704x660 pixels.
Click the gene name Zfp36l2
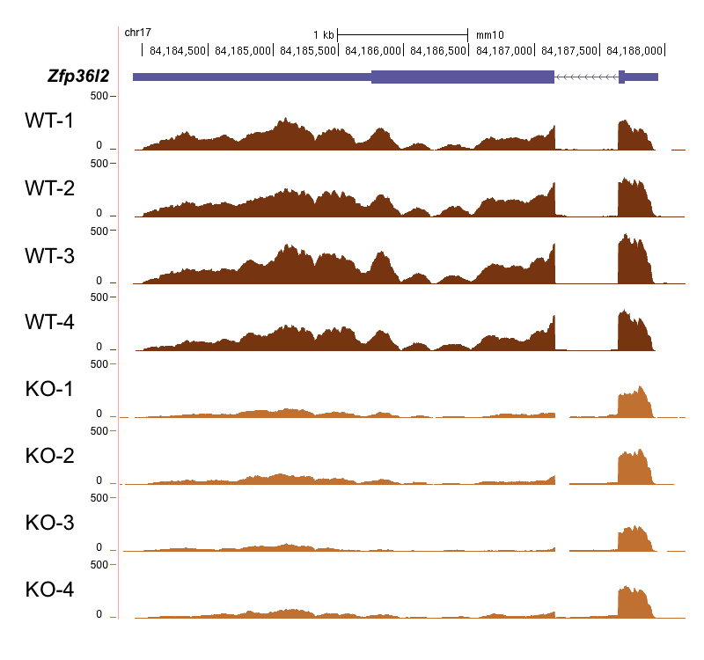pos(78,77)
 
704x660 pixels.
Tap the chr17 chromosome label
pos(138,33)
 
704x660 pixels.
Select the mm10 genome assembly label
pos(490,35)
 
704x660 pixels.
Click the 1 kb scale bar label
pos(324,35)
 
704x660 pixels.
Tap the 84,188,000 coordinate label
pos(634,50)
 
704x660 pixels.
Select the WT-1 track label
pos(49,121)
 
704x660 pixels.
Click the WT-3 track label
pos(49,255)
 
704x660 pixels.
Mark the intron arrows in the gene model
pos(586,77)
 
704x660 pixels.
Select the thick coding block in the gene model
pos(463,77)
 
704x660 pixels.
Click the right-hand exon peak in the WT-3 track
pos(634,260)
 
